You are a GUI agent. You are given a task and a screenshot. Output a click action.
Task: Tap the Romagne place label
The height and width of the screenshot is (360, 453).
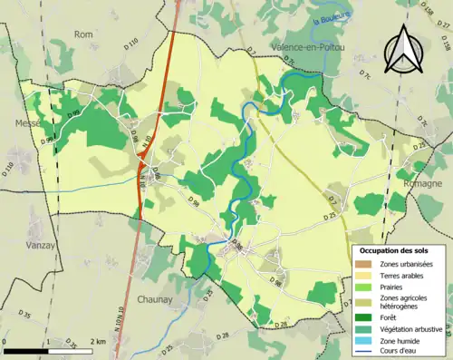[x=425, y=183]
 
